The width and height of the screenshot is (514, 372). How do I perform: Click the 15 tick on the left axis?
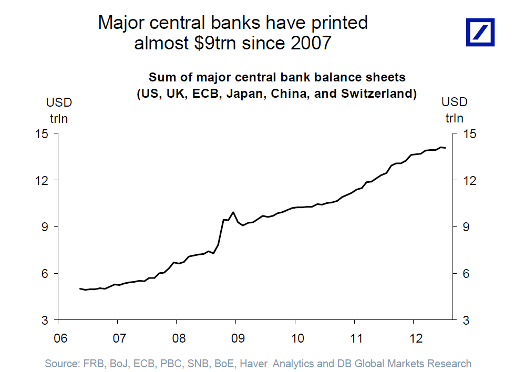pyautogui.click(x=43, y=133)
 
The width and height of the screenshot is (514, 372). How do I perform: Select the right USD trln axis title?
pyautogui.click(x=455, y=110)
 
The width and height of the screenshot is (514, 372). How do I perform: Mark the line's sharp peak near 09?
pyautogui.click(x=233, y=212)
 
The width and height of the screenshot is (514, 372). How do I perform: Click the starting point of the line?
pyautogui.click(x=80, y=288)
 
